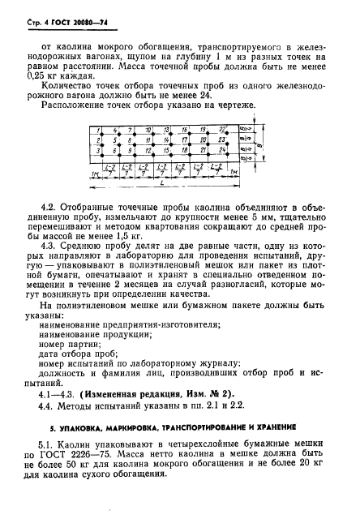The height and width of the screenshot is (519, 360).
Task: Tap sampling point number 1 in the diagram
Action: tap(97, 130)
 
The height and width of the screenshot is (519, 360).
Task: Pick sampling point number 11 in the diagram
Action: tap(151, 140)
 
